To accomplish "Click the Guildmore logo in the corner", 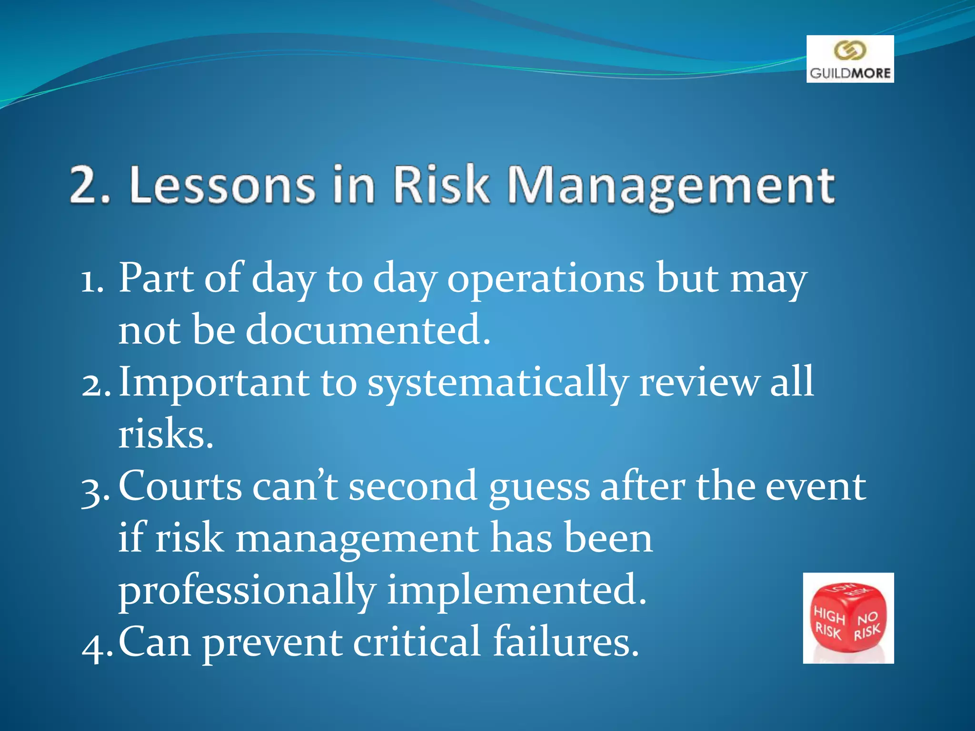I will (x=850, y=59).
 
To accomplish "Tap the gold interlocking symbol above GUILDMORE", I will (x=850, y=50).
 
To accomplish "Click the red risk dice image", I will (x=848, y=618).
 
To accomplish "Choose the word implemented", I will (x=517, y=590).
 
